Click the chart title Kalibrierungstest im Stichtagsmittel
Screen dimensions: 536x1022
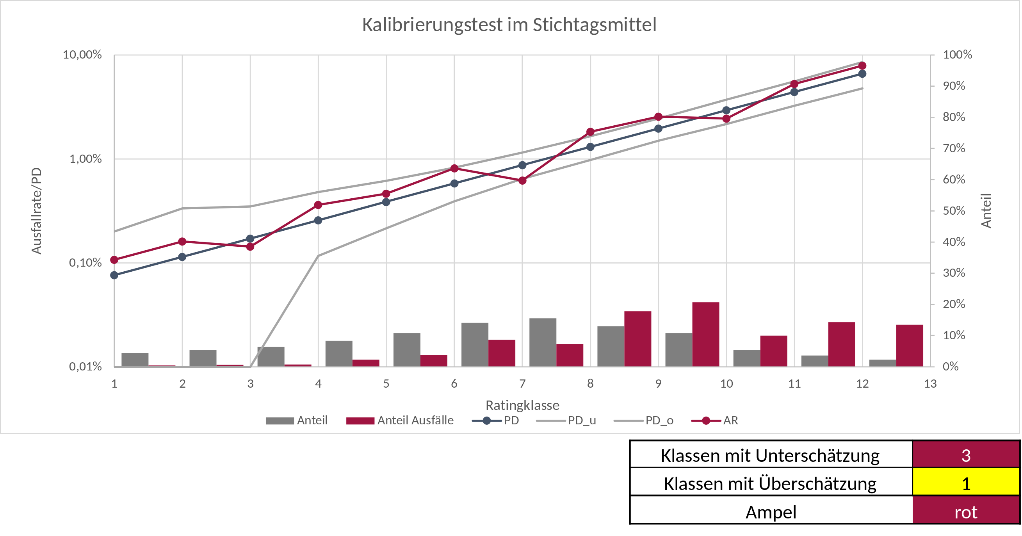(x=509, y=25)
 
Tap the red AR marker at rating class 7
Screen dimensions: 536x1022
(x=522, y=180)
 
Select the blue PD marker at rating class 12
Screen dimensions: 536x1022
(x=862, y=74)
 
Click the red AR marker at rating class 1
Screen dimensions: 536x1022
(x=114, y=260)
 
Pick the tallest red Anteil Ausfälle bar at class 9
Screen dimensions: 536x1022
(x=705, y=334)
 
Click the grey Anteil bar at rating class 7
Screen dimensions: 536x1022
(x=543, y=342)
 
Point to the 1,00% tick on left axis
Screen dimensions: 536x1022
(x=85, y=159)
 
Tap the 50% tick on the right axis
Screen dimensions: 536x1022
(x=954, y=211)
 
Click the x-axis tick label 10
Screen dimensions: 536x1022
(x=726, y=384)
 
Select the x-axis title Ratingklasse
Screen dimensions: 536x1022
(x=522, y=405)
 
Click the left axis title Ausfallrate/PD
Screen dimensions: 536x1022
(x=37, y=211)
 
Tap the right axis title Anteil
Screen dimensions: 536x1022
(x=986, y=211)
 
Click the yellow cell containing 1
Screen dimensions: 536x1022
(x=966, y=484)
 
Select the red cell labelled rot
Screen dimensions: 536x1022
(x=966, y=512)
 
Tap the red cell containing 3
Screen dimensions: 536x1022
(x=966, y=455)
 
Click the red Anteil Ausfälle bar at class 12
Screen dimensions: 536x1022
(x=909, y=345)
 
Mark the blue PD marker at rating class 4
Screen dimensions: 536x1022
(x=318, y=220)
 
